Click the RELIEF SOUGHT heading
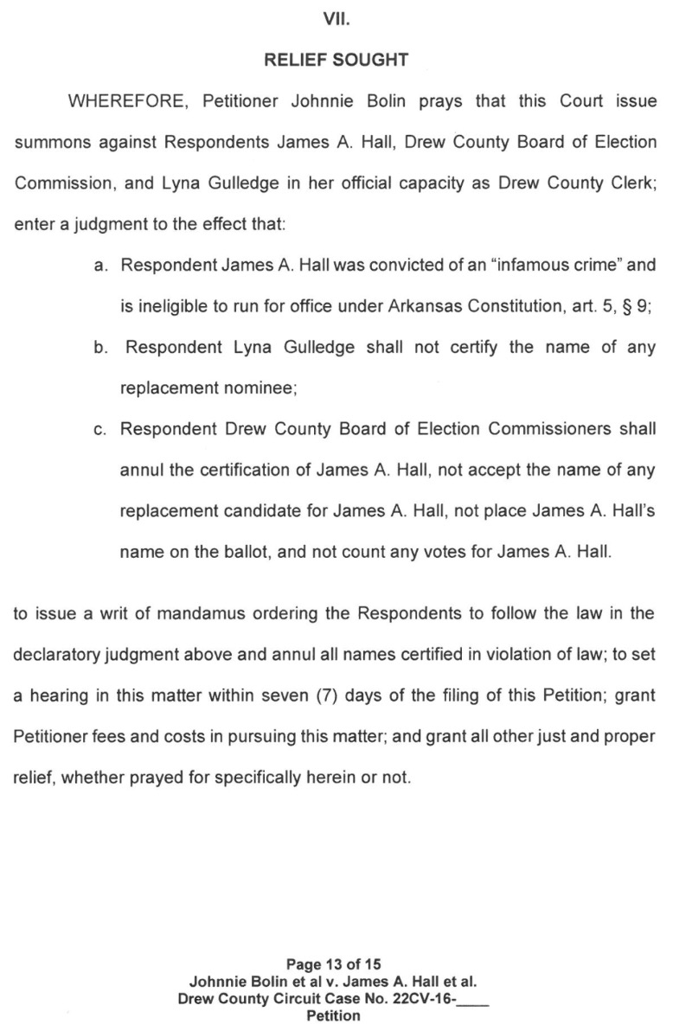pyautogui.click(x=334, y=61)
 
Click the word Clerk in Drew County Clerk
pyautogui.click(x=632, y=183)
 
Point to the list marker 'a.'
pyautogui.click(x=101, y=265)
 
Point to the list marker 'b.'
pyautogui.click(x=101, y=347)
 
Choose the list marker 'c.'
pyautogui.click(x=101, y=429)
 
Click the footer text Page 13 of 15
pyautogui.click(x=334, y=964)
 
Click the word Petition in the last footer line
pyautogui.click(x=334, y=1015)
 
